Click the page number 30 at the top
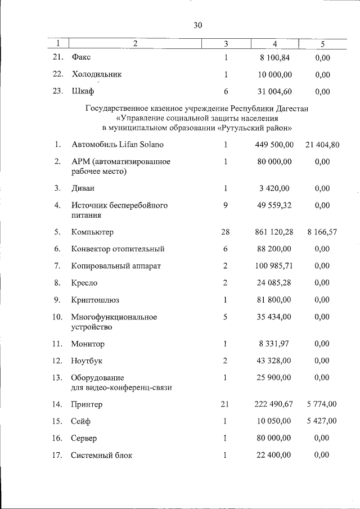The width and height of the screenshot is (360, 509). tap(197, 25)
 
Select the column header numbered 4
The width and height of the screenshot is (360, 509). tap(274, 43)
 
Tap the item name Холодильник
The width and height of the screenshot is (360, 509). tap(96, 74)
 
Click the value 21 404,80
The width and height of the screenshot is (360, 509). tap(322, 145)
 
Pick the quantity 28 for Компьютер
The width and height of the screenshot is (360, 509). tap(225, 231)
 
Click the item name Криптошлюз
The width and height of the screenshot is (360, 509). tap(95, 300)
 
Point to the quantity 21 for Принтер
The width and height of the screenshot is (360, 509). tap(225, 403)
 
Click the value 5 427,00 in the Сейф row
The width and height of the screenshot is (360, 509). tap(322, 421)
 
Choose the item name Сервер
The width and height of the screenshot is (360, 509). tap(84, 438)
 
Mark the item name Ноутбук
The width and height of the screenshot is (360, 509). tap(87, 361)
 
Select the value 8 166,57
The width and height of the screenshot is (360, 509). tap(322, 231)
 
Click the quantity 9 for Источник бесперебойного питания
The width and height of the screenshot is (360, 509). tap(225, 205)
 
